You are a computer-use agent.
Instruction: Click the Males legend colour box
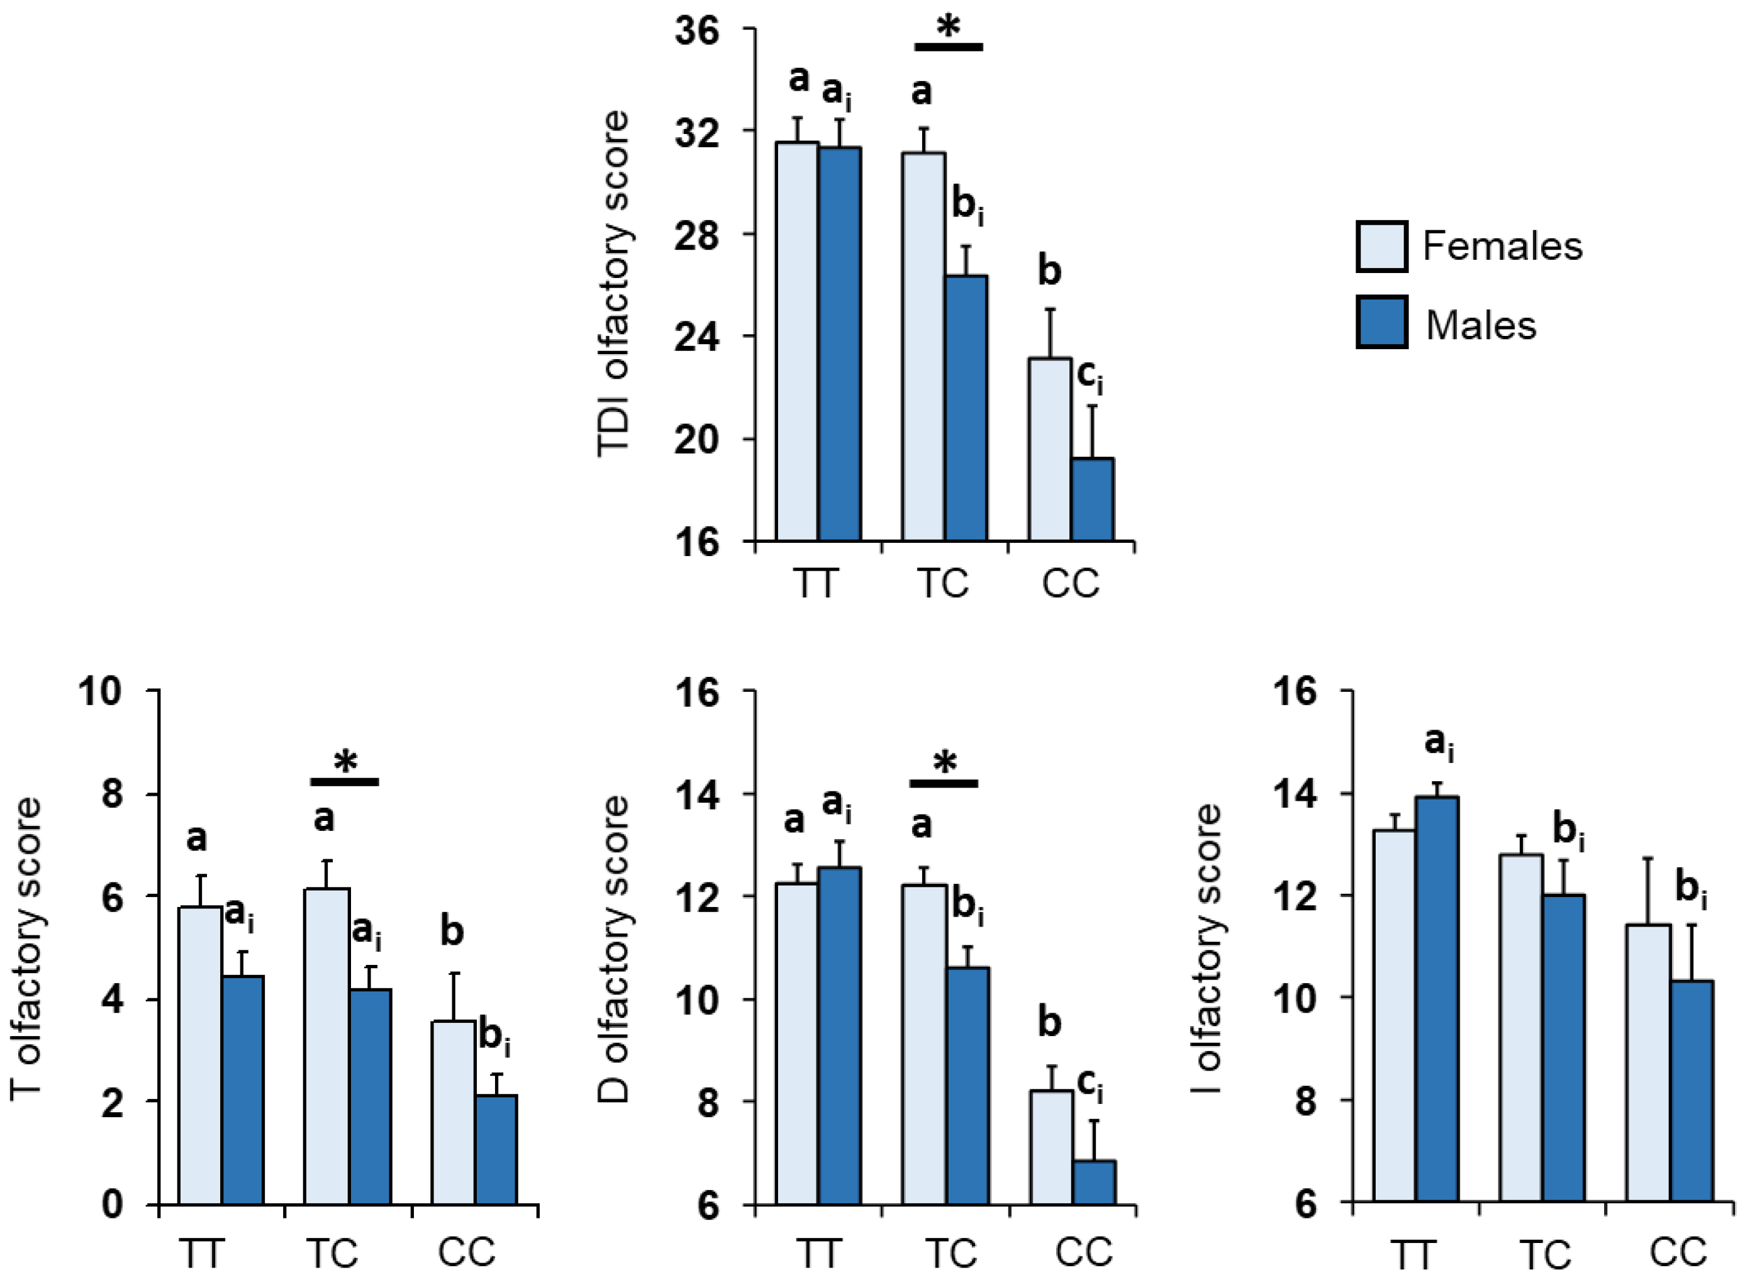coord(1381,322)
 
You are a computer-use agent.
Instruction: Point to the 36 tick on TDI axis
coord(698,32)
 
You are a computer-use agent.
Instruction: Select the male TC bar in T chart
coord(370,1097)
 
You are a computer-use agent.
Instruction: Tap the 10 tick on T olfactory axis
coord(101,691)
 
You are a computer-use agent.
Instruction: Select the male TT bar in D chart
coord(839,1035)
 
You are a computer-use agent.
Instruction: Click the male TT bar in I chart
coord(1437,1000)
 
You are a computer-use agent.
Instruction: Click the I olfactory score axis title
coord(1208,950)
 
